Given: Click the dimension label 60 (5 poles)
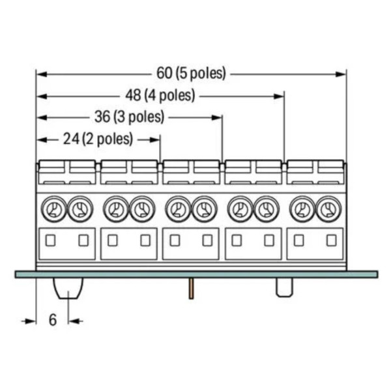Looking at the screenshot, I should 191,74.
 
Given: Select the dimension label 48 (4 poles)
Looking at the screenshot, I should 160,95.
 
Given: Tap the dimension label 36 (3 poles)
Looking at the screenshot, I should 130,117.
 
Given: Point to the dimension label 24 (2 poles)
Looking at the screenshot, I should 99,139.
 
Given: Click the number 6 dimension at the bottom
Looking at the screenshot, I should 53,320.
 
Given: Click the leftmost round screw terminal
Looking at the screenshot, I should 53,209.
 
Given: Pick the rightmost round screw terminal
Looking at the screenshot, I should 328,209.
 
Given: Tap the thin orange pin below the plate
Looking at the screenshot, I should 191,289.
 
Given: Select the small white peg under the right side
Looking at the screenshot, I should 284,287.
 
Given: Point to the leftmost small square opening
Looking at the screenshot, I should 51,240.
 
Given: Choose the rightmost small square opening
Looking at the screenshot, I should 331,240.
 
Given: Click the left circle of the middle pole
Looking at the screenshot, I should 177,209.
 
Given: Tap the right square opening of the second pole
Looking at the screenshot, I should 145,240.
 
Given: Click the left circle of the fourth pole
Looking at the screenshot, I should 239,209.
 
